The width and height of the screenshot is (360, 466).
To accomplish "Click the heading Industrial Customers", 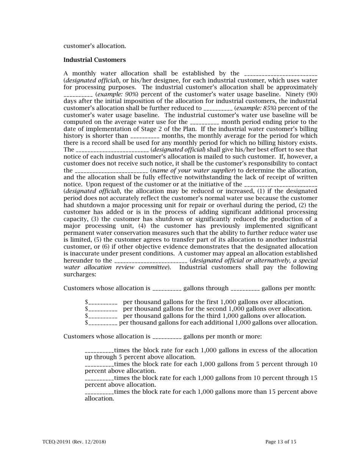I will coord(94,60).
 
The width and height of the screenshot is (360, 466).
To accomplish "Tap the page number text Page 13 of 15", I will coord(281,442).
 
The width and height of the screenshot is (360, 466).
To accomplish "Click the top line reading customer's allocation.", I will coord(94,46).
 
